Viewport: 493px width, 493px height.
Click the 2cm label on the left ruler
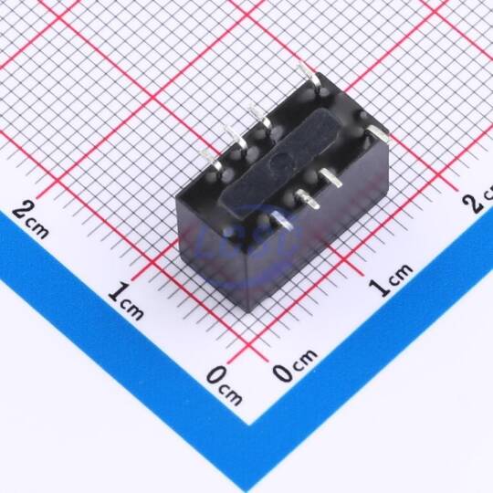(30, 220)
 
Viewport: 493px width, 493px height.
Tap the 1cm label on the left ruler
(126, 301)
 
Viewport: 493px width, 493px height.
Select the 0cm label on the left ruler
(225, 385)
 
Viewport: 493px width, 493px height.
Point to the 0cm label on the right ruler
(295, 365)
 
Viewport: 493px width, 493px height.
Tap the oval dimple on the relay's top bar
(282, 161)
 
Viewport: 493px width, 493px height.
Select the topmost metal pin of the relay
(309, 77)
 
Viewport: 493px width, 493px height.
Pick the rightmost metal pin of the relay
(378, 133)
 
